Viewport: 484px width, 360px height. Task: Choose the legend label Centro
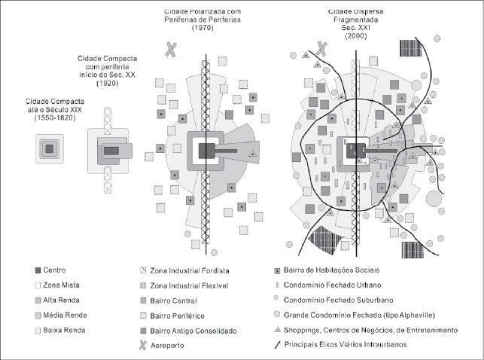(55, 270)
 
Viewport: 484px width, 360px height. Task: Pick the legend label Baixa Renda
(65, 330)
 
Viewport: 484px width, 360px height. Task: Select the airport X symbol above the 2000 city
(323, 49)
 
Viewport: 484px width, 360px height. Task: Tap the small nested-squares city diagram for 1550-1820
(49, 148)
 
